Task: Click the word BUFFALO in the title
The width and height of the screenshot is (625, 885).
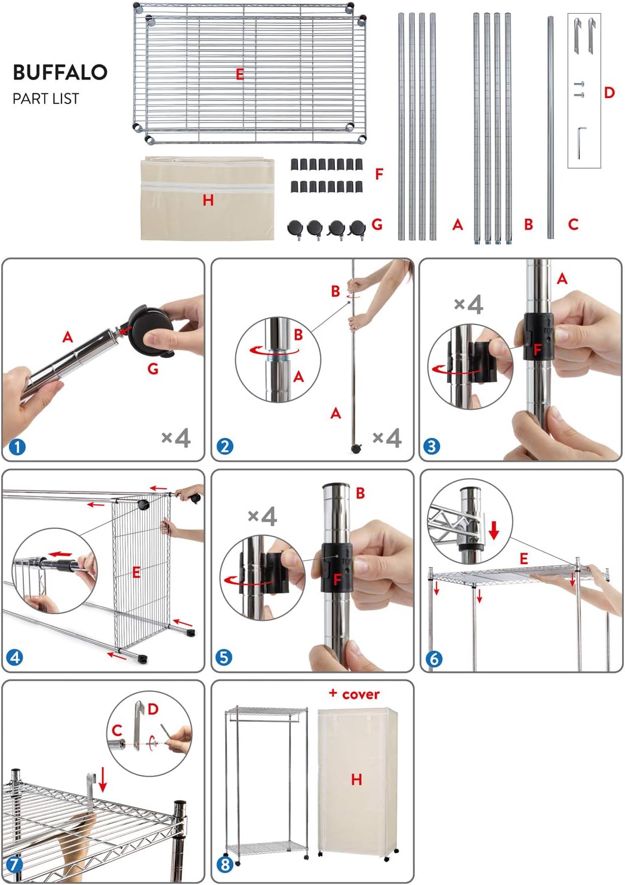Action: (x=60, y=72)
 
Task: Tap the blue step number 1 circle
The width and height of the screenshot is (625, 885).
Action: (x=17, y=447)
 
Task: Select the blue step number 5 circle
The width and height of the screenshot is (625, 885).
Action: (x=224, y=657)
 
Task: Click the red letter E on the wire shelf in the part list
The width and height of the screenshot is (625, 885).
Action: (x=239, y=74)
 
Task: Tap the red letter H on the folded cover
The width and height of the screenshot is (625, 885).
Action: (x=208, y=200)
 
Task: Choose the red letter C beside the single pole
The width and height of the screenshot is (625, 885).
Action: (x=573, y=225)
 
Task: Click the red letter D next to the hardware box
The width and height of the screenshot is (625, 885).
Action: (x=609, y=93)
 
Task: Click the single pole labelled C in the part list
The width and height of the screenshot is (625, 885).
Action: (x=550, y=128)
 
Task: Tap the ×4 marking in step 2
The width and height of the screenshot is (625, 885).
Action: (x=387, y=438)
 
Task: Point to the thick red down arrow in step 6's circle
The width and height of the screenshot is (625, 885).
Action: (x=494, y=529)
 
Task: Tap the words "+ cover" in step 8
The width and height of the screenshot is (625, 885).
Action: (x=354, y=694)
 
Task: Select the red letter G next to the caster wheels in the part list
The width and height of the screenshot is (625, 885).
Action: (x=377, y=225)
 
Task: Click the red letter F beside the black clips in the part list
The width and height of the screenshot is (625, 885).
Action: (x=379, y=174)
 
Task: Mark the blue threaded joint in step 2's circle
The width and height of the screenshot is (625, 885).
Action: (x=278, y=358)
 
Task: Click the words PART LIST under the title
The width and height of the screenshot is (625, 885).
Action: (x=46, y=99)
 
